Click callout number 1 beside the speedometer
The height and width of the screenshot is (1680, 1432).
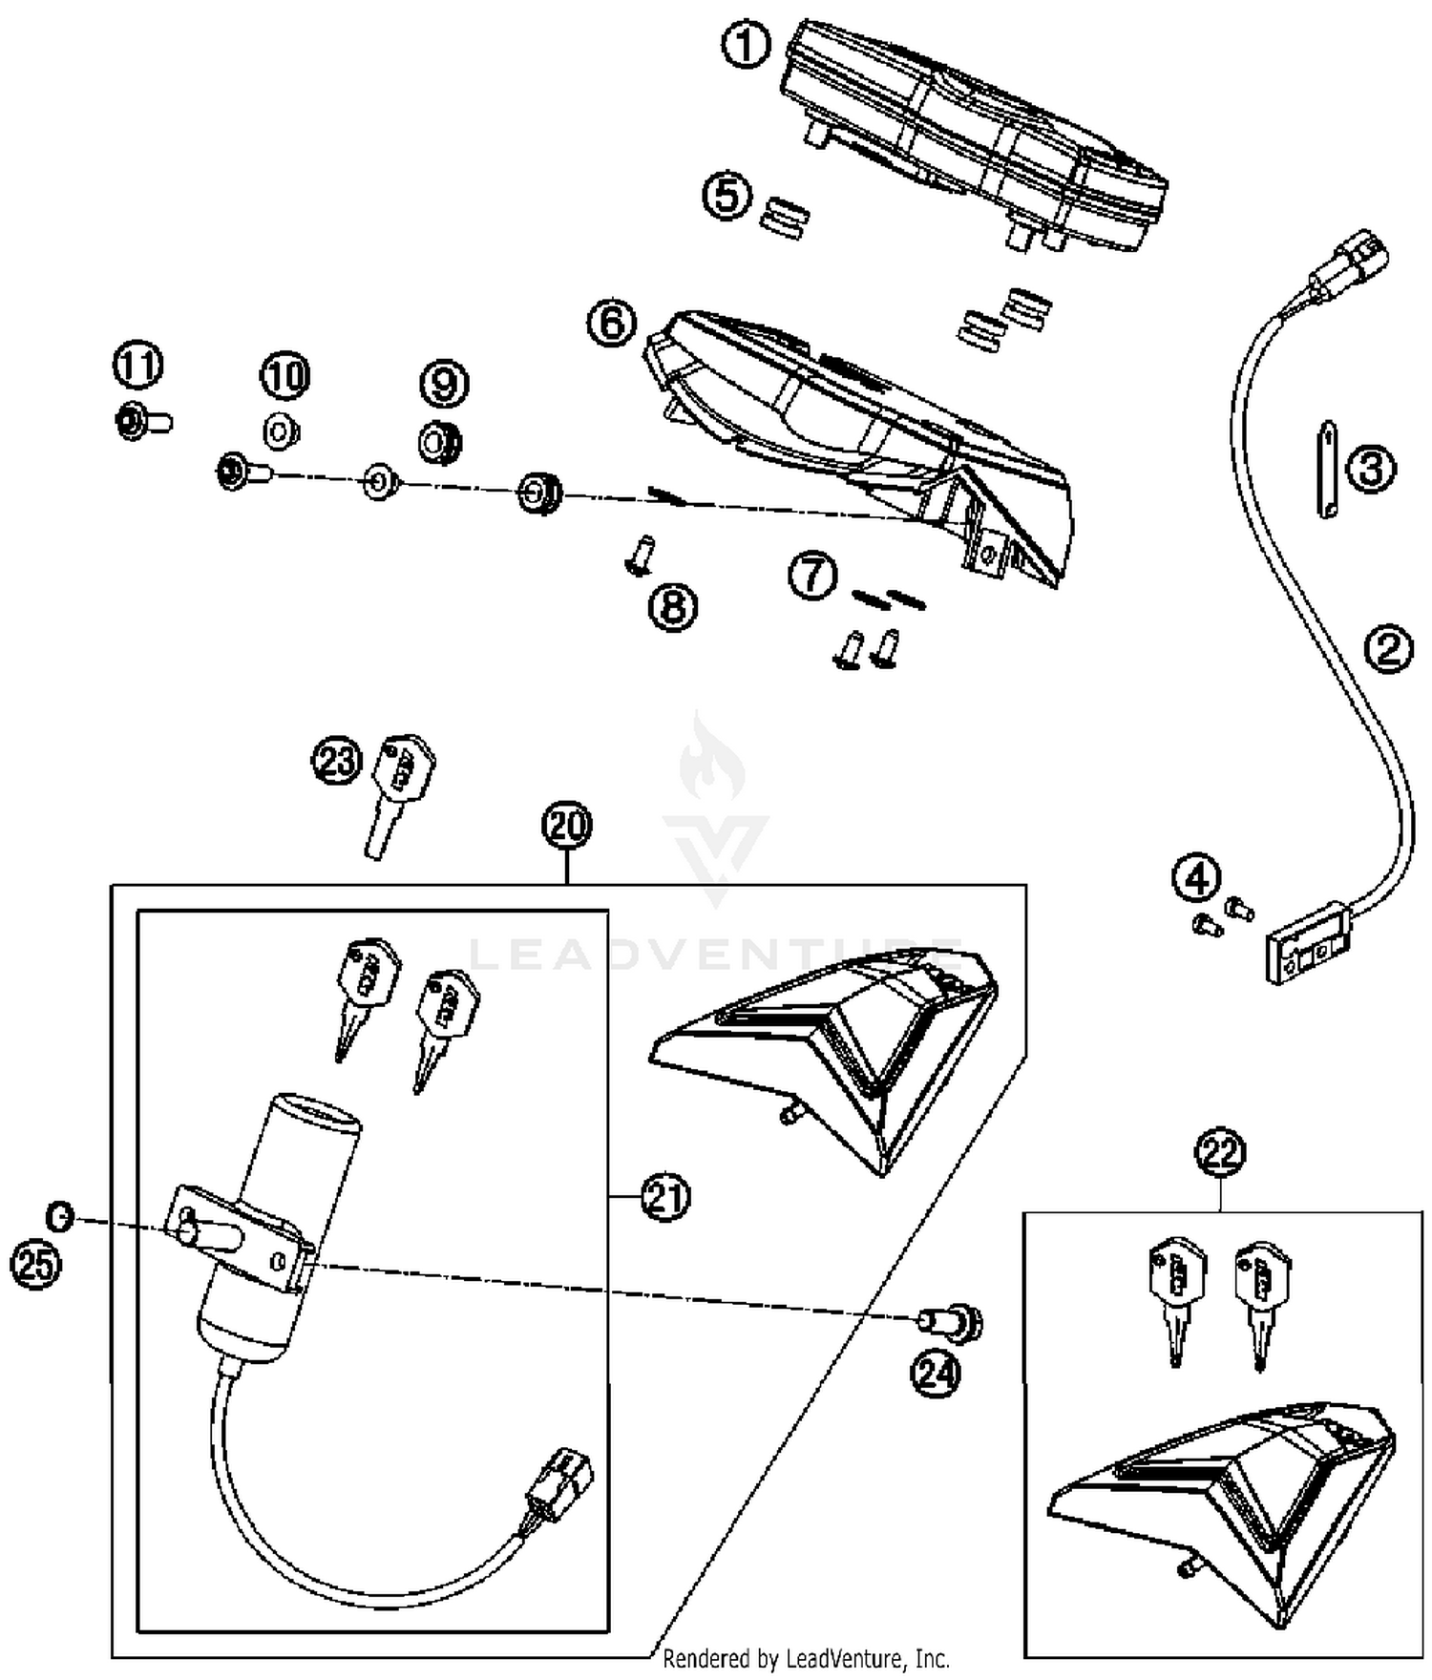[x=747, y=45]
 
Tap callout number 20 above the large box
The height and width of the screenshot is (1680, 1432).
[x=567, y=826]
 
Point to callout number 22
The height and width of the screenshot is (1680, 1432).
[x=1221, y=1152]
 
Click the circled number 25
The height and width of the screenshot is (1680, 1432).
[x=35, y=1266]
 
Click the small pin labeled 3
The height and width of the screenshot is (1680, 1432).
[x=1326, y=469]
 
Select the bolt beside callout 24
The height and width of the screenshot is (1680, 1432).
[x=951, y=1322]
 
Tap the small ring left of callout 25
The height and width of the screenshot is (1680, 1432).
[x=59, y=1216]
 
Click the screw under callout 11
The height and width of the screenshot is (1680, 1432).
[x=141, y=420]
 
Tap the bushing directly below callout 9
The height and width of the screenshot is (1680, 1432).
[x=441, y=443]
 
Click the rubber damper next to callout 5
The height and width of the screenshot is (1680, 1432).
[x=786, y=218]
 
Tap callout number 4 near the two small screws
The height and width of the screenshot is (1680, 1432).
[x=1196, y=878]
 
